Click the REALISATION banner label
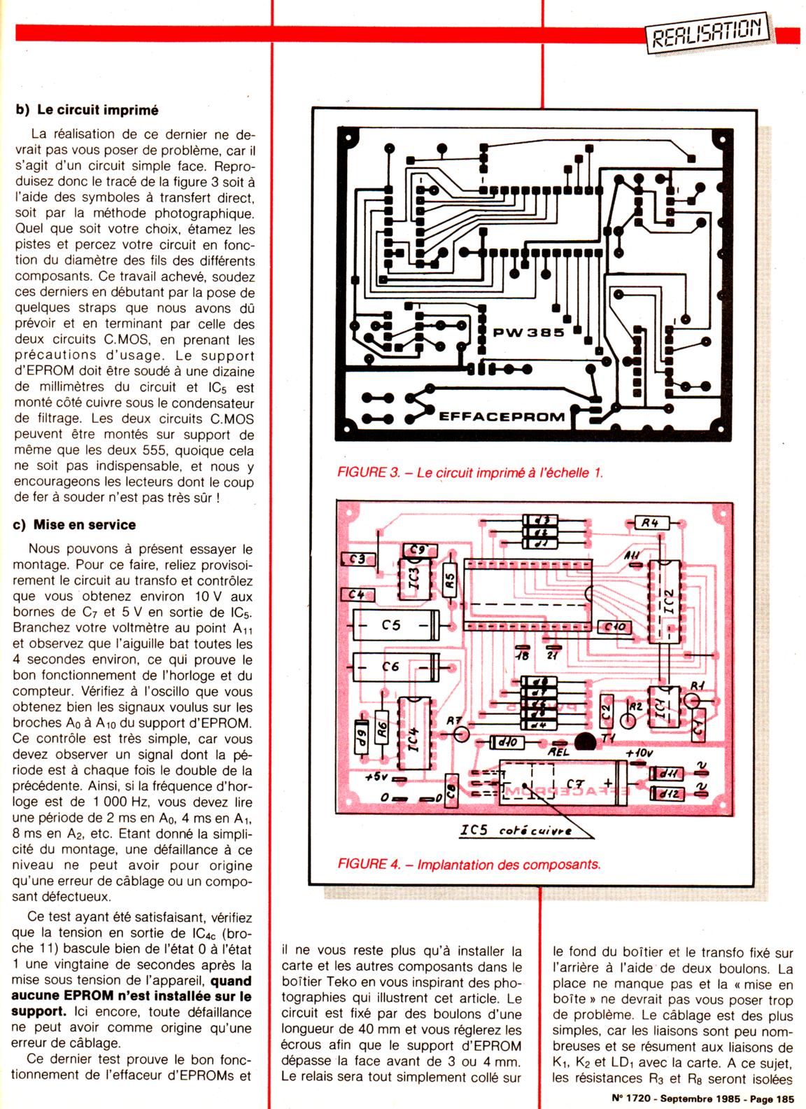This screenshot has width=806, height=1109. [x=707, y=31]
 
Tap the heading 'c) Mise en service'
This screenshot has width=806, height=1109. [x=76, y=524]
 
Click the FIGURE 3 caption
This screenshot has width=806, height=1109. [x=469, y=473]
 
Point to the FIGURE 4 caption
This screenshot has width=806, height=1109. [x=469, y=864]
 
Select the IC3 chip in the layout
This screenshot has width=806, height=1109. [x=414, y=580]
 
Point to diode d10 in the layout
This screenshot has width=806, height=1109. [x=504, y=741]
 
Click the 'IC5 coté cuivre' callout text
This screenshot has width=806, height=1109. [x=515, y=831]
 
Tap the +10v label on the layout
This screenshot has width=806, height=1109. [x=638, y=753]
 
